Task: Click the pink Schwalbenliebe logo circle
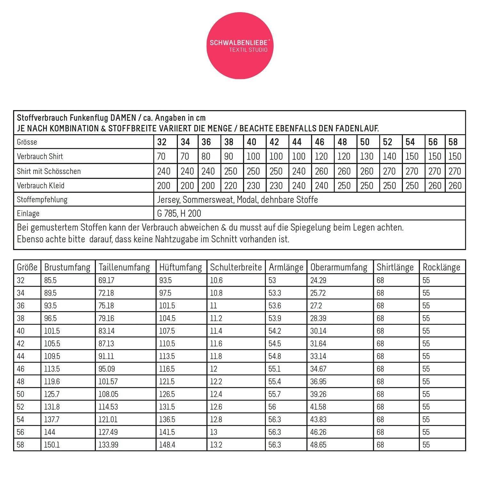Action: click(x=240, y=46)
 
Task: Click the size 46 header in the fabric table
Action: click(x=319, y=142)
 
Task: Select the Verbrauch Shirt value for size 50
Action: click(x=366, y=156)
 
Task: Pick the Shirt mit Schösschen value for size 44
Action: click(x=299, y=171)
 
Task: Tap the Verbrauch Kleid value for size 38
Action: click(x=230, y=186)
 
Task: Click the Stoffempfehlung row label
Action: click(x=42, y=200)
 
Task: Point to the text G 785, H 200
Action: click(x=179, y=213)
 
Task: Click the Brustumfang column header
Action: click(x=67, y=267)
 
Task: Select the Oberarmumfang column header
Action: click(x=339, y=267)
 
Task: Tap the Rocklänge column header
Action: click(x=441, y=267)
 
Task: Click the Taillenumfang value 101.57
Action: click(x=108, y=381)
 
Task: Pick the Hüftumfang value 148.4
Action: click(x=167, y=445)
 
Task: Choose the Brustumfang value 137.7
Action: click(x=52, y=420)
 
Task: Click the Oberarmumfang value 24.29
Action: click(x=318, y=281)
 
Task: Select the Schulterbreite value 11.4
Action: click(x=216, y=331)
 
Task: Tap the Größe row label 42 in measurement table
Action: click(x=20, y=344)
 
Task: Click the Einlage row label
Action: click(x=28, y=213)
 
